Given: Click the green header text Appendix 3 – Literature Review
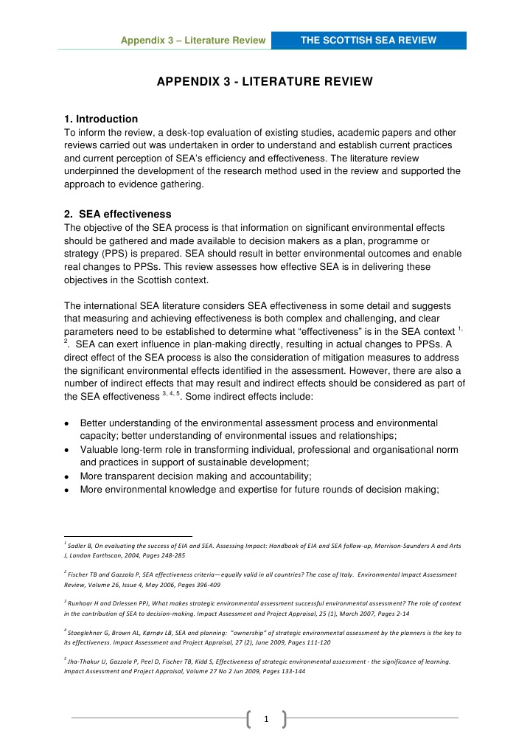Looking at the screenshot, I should click(193, 41).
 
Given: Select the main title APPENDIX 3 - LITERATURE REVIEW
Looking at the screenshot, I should click(265, 80).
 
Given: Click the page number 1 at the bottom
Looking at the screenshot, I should click(265, 718).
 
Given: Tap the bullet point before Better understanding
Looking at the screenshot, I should click(68, 424).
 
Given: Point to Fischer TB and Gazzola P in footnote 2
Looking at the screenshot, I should click(111, 574).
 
